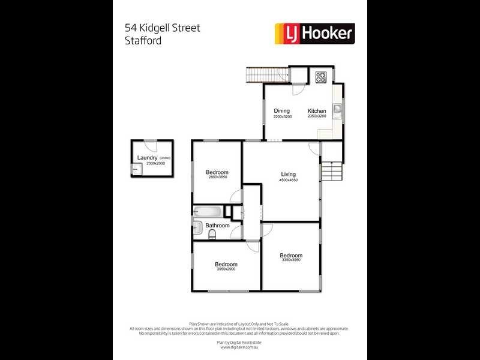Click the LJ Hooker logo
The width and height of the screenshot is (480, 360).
tap(314, 33)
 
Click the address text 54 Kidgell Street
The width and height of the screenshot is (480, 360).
tap(162, 28)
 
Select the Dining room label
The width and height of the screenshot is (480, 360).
tap(282, 111)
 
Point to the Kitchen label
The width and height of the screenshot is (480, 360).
tap(317, 111)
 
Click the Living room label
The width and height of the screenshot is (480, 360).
tap(289, 175)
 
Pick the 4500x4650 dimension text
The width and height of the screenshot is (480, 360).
tap(289, 180)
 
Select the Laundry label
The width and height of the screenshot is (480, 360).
tap(147, 158)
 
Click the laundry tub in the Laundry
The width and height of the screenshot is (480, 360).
tap(135, 170)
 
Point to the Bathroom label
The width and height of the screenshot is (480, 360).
tap(217, 226)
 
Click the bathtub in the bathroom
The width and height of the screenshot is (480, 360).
tap(208, 211)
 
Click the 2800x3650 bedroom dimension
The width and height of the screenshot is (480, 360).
tap(217, 178)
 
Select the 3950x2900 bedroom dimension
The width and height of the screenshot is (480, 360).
tap(226, 269)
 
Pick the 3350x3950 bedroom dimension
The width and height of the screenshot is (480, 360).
tap(291, 260)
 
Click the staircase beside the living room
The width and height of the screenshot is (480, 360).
tap(332, 173)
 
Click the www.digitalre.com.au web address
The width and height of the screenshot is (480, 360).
tap(239, 347)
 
